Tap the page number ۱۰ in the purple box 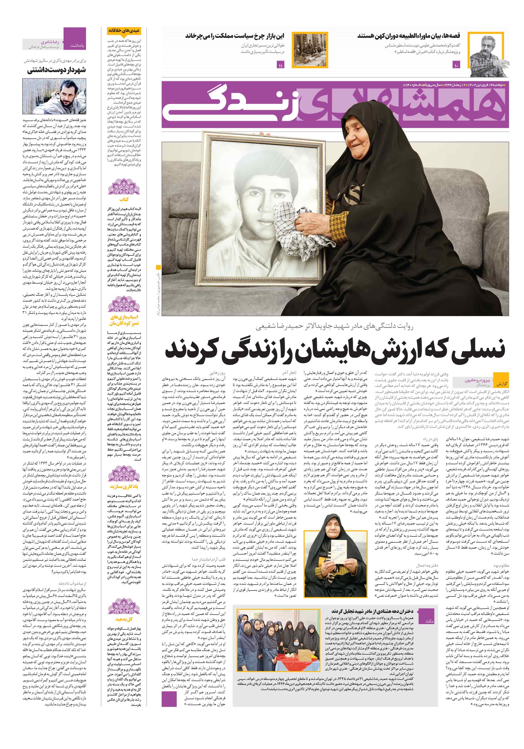click(456, 65)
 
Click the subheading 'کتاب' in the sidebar click(124, 199)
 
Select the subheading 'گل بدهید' click(124, 619)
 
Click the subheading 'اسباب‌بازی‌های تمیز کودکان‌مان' click(124, 320)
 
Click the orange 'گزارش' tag click(501, 384)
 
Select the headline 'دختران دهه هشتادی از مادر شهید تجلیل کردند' click(372, 611)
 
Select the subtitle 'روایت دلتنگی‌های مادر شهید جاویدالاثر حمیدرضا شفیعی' click(335, 326)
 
